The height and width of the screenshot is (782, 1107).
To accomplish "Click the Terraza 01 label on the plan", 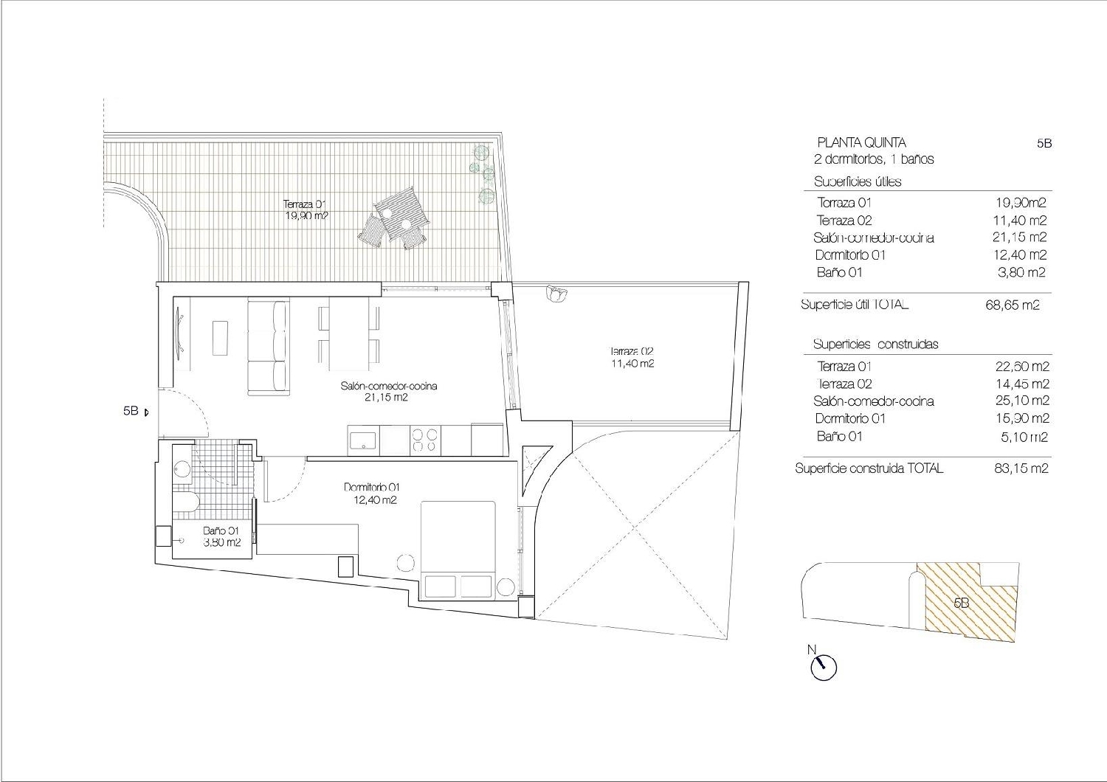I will pos(305,210).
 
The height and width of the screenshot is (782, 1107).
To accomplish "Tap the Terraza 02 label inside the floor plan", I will pos(632,357).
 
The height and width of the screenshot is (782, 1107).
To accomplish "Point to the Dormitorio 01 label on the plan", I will pos(371,493).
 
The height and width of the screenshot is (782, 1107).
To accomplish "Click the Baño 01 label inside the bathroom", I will pos(221,536).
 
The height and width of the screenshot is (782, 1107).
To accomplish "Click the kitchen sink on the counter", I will pos(363,440).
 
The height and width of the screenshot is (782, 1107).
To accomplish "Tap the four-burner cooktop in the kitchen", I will pos(424,440).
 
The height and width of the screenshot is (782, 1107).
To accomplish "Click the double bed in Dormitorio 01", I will pos(458,549).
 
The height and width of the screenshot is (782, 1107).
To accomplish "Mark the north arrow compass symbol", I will pos(822,667).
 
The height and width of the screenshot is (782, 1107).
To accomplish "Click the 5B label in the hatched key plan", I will pos(961,603).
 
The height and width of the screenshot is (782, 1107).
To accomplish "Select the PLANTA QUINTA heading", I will pos(861,142).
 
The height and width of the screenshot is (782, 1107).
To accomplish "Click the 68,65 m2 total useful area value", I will pos(1012,305).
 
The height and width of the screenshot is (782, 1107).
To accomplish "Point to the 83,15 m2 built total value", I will pos(1021,468).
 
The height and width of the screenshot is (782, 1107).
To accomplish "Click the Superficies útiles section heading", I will pos(857,181).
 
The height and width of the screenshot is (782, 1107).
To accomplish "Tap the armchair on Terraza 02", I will pos(555,294).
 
